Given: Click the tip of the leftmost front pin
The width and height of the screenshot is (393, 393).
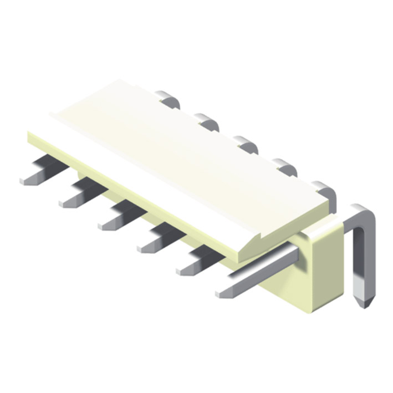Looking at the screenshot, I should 24,180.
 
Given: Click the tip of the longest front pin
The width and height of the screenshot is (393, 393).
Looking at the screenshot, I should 221,293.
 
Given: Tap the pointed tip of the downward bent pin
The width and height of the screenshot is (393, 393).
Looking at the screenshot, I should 363,303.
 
